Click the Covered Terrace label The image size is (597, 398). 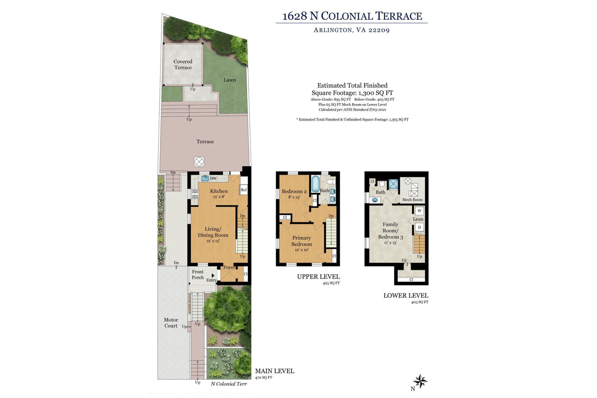(183, 65)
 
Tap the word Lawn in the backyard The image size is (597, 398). (230, 80)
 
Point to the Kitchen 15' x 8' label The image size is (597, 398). (219, 193)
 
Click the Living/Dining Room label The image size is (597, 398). (213, 235)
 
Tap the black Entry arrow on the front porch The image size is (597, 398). (213, 275)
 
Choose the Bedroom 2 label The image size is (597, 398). (294, 194)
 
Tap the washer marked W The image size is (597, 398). (419, 211)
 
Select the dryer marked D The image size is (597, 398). (419, 227)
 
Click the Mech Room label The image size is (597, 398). (412, 199)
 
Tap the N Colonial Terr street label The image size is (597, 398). (229, 384)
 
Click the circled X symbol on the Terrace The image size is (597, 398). (199, 162)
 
